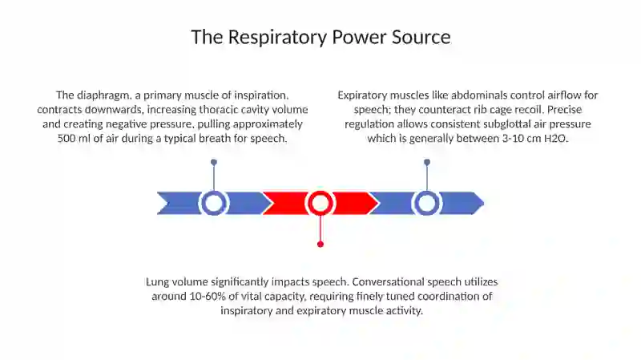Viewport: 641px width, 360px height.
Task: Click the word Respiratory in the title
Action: pyautogui.click(x=277, y=38)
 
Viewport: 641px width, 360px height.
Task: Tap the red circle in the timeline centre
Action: pyautogui.click(x=320, y=203)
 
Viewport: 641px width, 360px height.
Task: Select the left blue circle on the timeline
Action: pyautogui.click(x=213, y=203)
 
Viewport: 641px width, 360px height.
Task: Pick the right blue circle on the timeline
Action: pyautogui.click(x=427, y=203)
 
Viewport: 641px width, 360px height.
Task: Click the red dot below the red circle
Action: pyautogui.click(x=320, y=245)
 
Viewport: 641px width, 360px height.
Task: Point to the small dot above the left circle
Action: pyautogui.click(x=214, y=163)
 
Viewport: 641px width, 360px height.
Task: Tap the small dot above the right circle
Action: pyautogui.click(x=427, y=163)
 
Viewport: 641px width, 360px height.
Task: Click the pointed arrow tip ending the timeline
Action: pyautogui.click(x=484, y=203)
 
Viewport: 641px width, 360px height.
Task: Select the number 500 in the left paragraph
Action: pyautogui.click(x=66, y=138)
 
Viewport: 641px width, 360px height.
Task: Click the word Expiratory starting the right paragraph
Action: pyautogui.click(x=362, y=95)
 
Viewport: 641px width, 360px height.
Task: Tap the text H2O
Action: pyautogui.click(x=556, y=138)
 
